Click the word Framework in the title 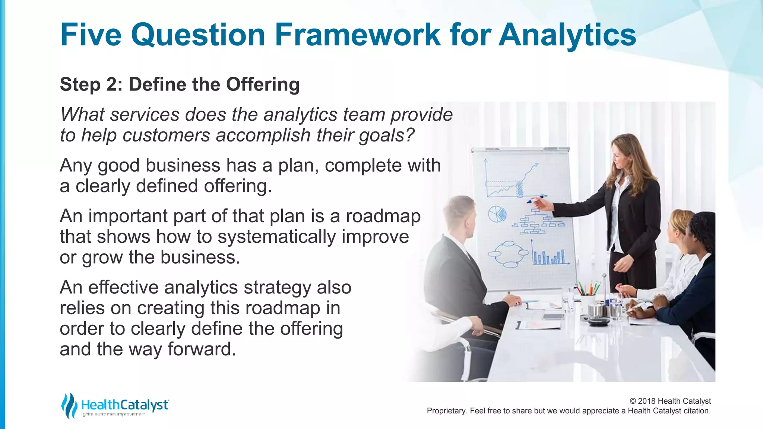coord(358,35)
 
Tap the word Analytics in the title coord(567,35)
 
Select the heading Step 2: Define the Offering coord(180,84)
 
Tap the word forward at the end coord(202,349)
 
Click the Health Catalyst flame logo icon coord(69,405)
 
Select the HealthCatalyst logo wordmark coord(125,405)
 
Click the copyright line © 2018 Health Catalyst coord(670,401)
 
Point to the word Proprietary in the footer coord(446,411)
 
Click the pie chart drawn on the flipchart coord(497,214)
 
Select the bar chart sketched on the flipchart coord(549,255)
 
